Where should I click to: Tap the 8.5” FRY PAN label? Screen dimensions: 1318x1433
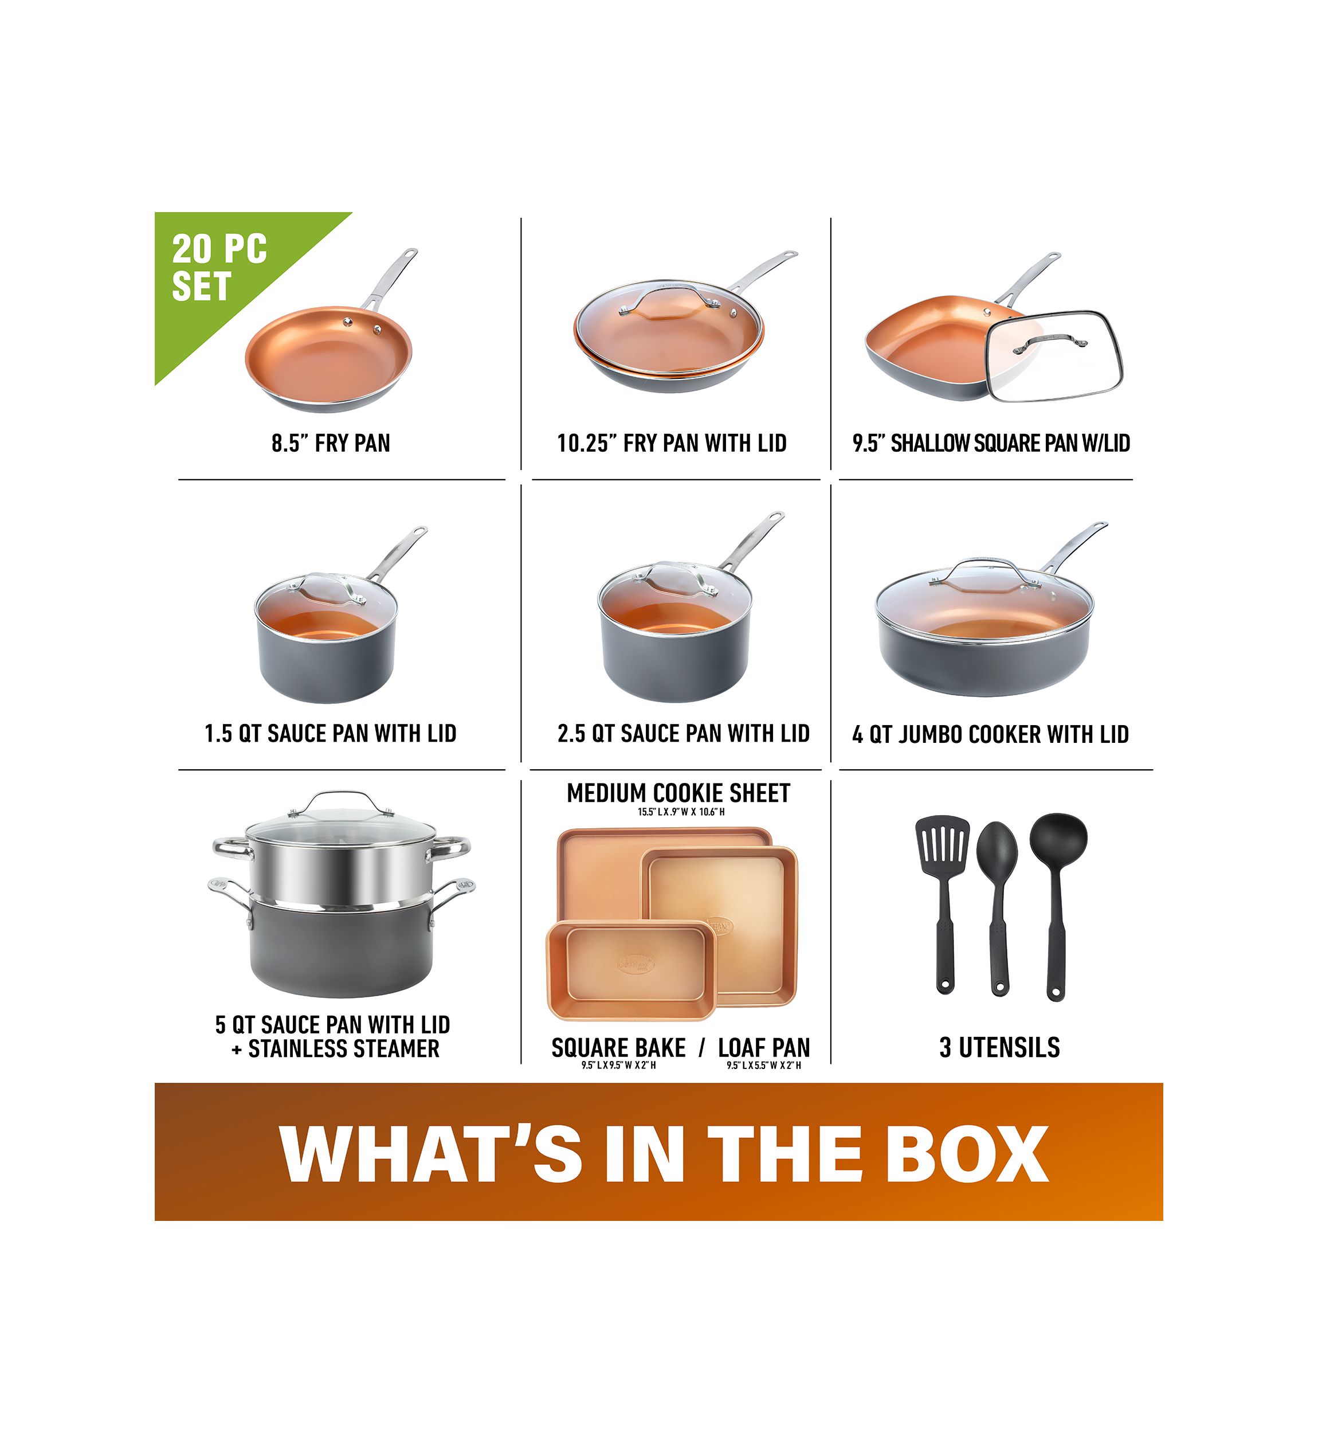point(331,443)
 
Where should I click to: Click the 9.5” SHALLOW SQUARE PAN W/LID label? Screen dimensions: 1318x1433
point(991,443)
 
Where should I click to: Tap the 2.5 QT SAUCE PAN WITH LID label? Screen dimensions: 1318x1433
point(683,733)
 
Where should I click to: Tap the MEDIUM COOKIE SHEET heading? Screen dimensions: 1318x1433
point(678,793)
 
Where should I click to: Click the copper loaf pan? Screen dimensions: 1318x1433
point(630,969)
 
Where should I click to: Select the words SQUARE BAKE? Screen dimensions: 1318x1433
point(618,1048)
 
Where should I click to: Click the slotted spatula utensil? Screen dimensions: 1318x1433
point(943,906)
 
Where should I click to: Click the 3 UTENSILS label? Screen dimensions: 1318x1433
point(999,1047)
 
